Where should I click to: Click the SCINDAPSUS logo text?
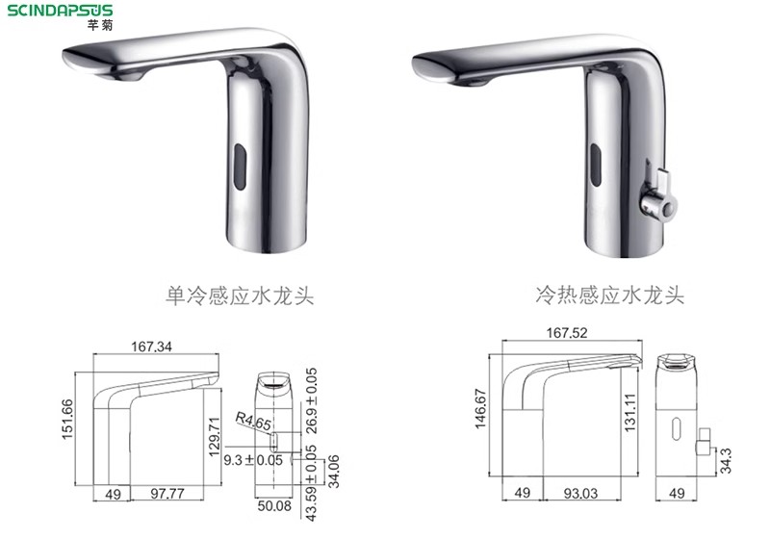click(x=60, y=11)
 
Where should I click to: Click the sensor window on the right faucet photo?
click(x=596, y=165)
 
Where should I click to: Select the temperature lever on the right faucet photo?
click(x=659, y=192)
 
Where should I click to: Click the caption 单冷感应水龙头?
click(x=239, y=295)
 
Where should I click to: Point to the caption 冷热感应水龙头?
click(x=609, y=295)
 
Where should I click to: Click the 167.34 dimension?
click(x=151, y=346)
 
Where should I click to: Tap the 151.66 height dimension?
click(x=66, y=419)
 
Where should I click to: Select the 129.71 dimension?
click(x=214, y=436)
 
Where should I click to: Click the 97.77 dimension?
click(x=167, y=494)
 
